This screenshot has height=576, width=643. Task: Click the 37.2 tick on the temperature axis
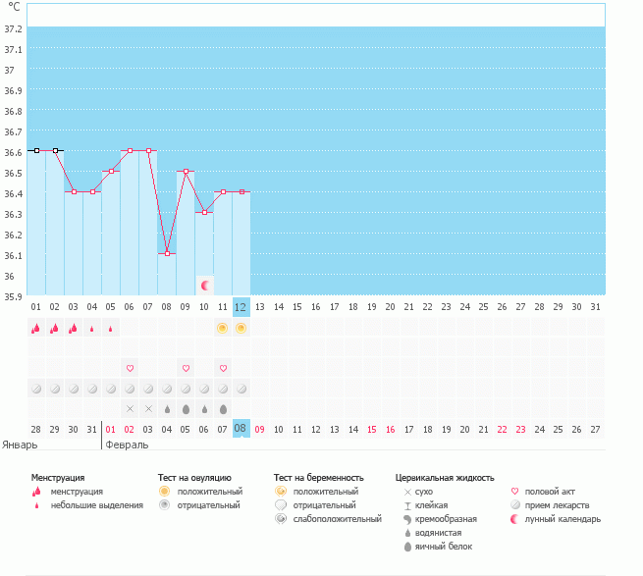coord(14,28)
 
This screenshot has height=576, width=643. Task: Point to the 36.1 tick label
coord(14,255)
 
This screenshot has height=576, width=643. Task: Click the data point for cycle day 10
coord(204,212)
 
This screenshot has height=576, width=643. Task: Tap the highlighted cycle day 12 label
coord(241,307)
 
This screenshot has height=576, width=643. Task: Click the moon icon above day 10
coord(205,286)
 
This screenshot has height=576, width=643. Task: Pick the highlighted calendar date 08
coord(241,429)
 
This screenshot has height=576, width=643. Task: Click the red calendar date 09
coord(260,429)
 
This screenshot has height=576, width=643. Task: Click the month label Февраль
coord(127,445)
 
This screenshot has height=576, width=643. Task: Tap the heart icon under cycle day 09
coord(186,368)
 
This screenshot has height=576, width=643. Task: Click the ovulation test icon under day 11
coord(223,328)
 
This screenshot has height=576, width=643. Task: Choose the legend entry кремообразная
coord(447,519)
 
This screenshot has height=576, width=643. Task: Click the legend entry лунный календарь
coord(563,519)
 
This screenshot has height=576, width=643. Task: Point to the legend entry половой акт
coord(550,491)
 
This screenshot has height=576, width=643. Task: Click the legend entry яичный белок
coord(438,547)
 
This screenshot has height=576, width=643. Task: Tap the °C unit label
coord(14,7)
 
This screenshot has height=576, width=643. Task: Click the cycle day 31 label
coord(595,307)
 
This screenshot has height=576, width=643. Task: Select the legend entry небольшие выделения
coord(96,505)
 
